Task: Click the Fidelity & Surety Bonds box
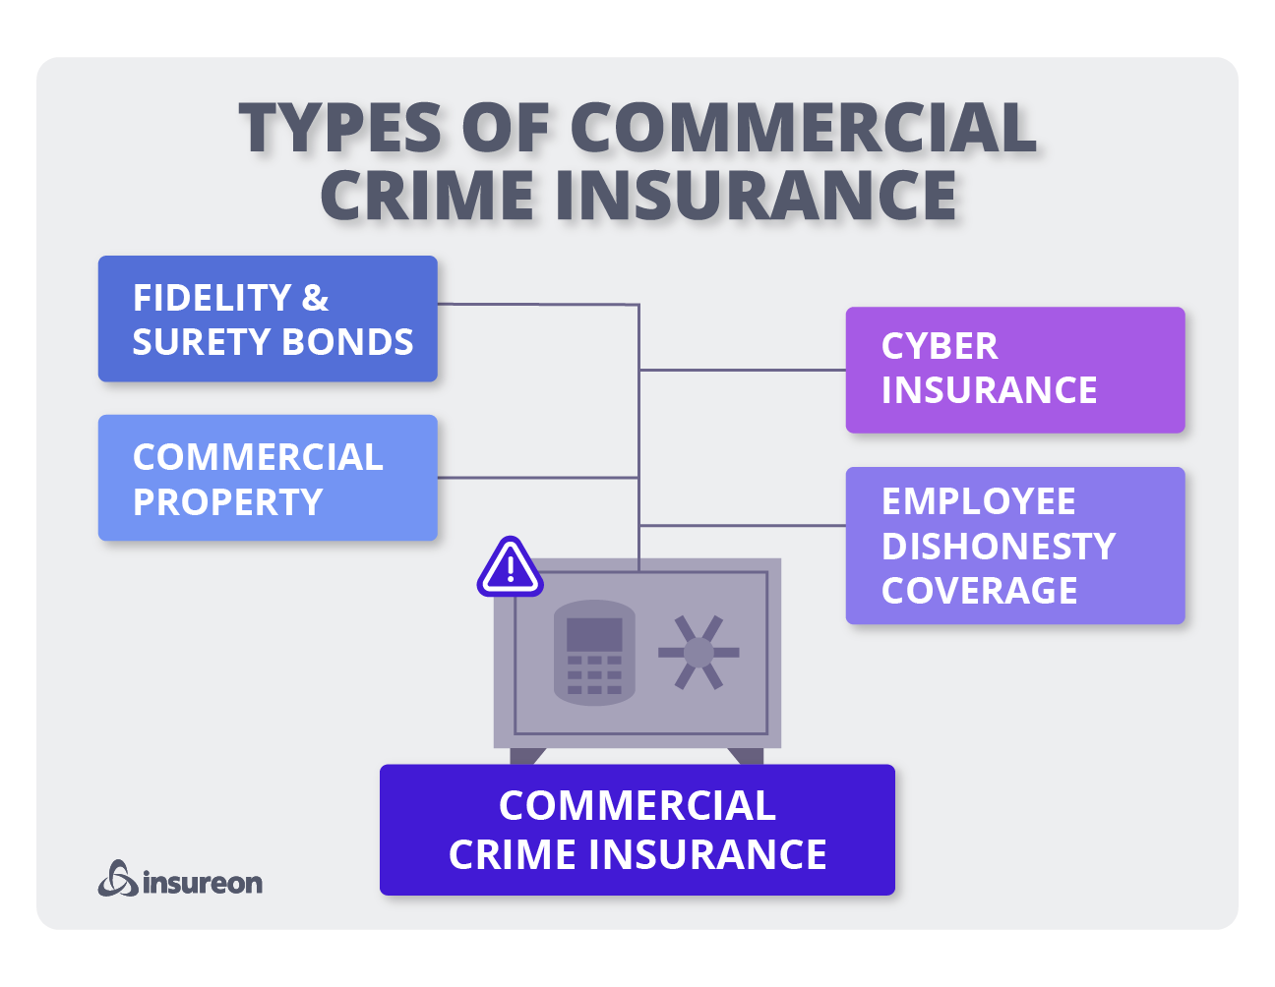[268, 319]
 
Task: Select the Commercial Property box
[268, 478]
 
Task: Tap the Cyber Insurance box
[1015, 370]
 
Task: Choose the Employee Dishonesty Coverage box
[1015, 546]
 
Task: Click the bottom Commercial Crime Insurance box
[637, 830]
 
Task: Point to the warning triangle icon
[510, 568]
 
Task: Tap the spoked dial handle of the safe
[698, 652]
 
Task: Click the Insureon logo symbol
[118, 879]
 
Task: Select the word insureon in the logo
[203, 882]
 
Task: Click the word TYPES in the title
[340, 128]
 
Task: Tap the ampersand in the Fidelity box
[315, 297]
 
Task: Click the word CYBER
[940, 346]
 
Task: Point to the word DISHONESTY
[999, 546]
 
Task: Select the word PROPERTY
[227, 502]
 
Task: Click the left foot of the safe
[526, 756]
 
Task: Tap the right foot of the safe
[748, 756]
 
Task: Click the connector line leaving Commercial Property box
[537, 478]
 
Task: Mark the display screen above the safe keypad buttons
[594, 634]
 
